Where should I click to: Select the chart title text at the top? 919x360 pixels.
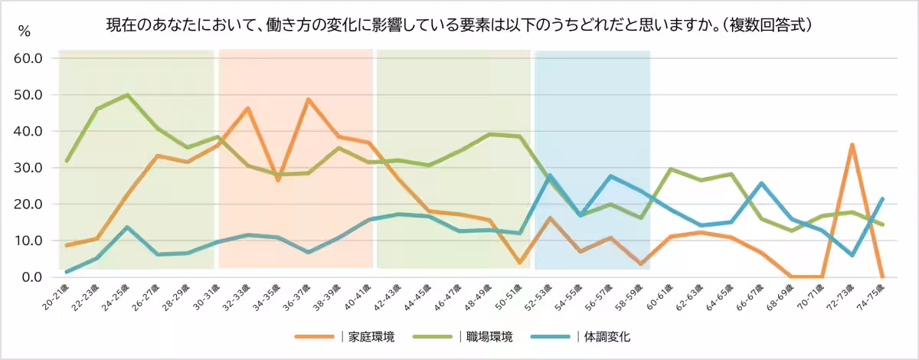(x=459, y=25)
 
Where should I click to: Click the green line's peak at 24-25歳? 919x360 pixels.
(x=127, y=95)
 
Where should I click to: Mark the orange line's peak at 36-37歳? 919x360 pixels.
(x=308, y=100)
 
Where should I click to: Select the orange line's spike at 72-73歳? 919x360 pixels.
(x=852, y=144)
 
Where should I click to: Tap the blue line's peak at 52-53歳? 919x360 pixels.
(x=550, y=175)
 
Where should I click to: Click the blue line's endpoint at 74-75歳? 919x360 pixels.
(x=882, y=199)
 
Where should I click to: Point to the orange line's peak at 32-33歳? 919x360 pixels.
(x=247, y=108)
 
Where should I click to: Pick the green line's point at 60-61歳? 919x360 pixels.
(x=671, y=169)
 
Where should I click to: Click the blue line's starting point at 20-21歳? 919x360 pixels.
(x=67, y=272)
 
